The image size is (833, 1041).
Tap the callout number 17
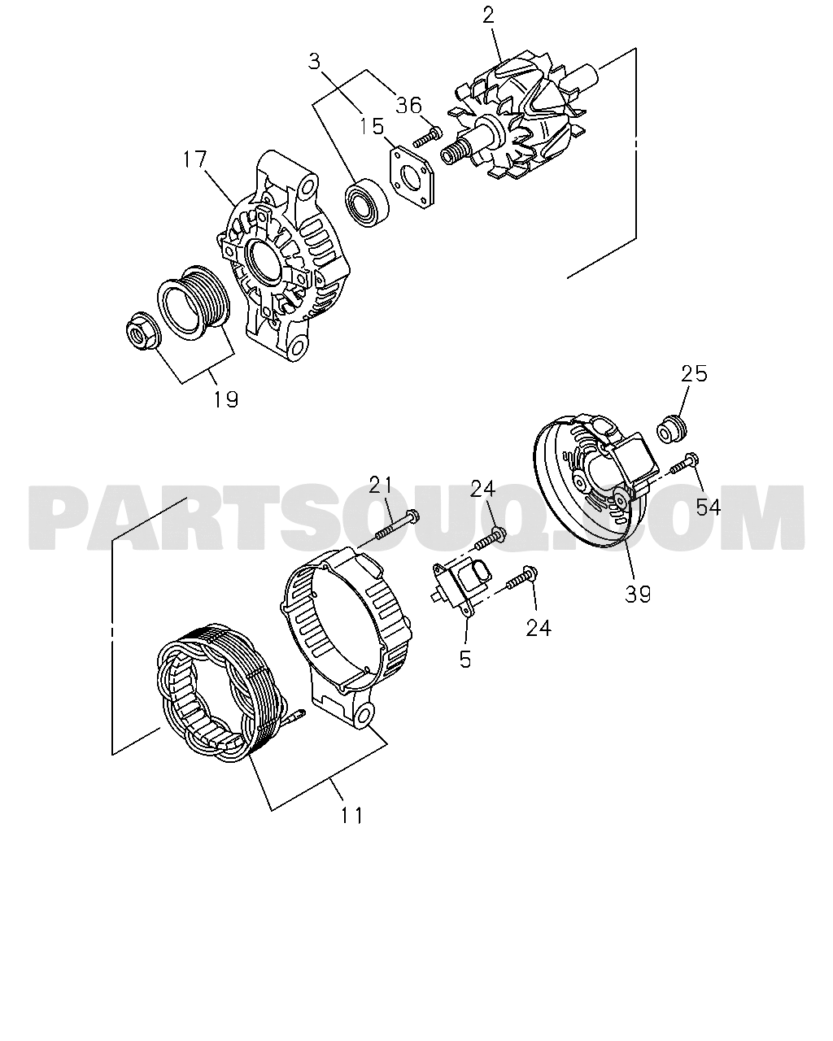[195, 159]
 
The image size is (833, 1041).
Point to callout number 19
[226, 399]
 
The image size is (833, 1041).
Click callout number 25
[694, 373]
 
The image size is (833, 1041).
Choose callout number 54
[708, 507]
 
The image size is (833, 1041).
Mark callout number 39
[638, 594]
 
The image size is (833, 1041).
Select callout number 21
[382, 485]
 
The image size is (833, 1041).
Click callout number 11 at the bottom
[351, 816]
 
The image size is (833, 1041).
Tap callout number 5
[465, 659]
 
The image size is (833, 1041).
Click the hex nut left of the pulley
[139, 330]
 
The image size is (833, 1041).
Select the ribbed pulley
[194, 302]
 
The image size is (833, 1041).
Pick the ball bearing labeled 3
[367, 203]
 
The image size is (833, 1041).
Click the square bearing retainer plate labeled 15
[412, 178]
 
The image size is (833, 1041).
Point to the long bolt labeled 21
[397, 527]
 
